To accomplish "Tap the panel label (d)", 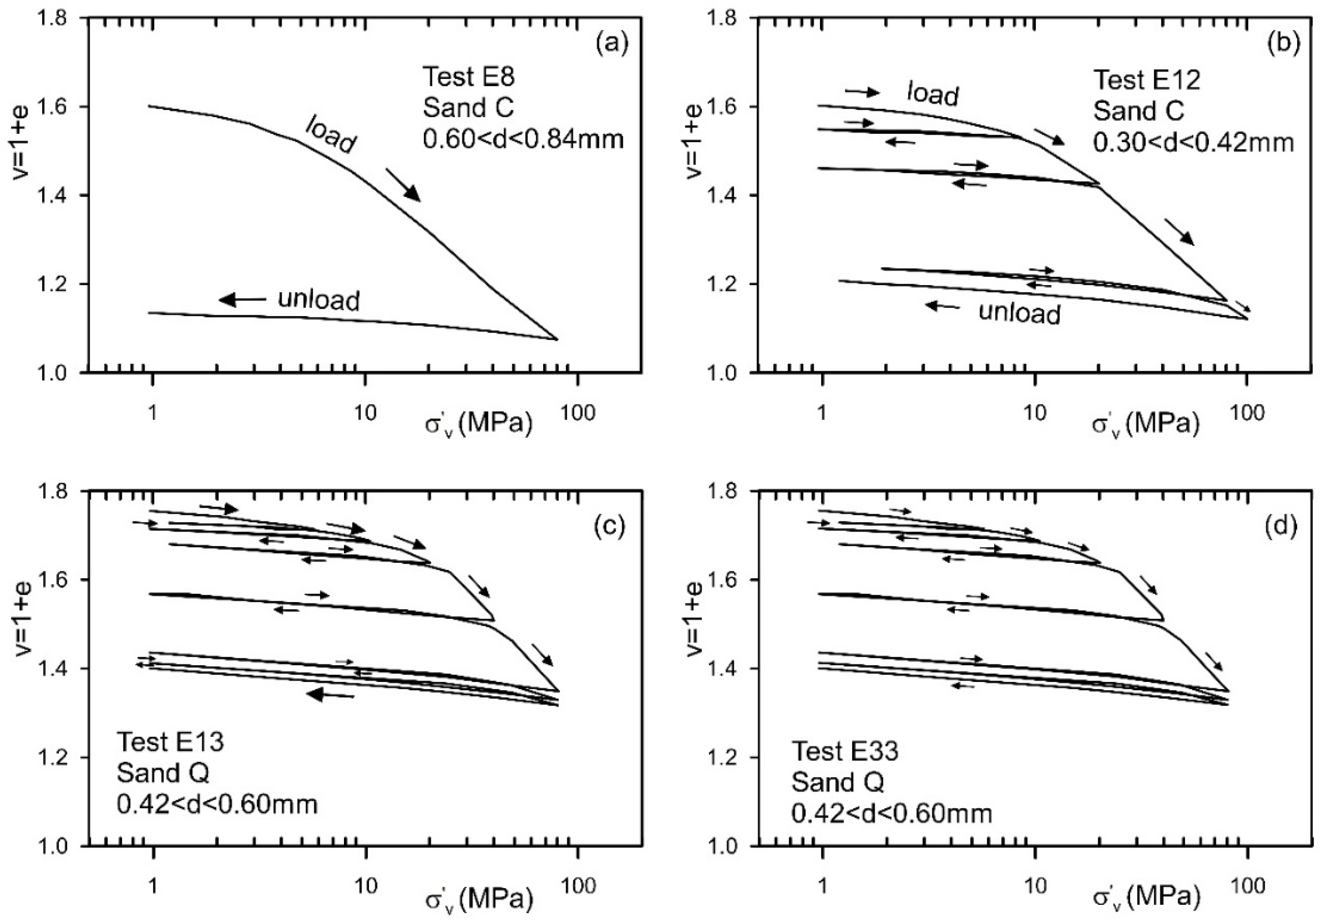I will [x=1282, y=526].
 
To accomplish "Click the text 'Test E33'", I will [x=845, y=751].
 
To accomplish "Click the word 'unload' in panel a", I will [x=319, y=300].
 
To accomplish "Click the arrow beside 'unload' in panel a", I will [x=242, y=299].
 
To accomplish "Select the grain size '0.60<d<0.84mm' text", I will [x=523, y=139].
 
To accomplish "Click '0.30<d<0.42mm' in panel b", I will [x=1193, y=142].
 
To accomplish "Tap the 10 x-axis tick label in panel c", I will [x=364, y=886].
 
